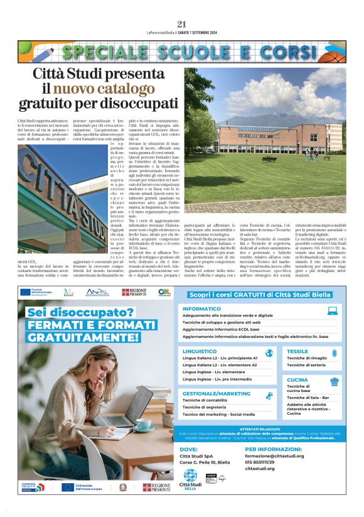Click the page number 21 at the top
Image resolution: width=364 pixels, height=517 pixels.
coord(182,23)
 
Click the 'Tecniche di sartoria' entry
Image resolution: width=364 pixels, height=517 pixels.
coord(306,364)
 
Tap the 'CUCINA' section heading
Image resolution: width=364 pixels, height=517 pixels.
coord(297,379)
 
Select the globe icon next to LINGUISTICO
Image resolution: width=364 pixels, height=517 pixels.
coord(269,353)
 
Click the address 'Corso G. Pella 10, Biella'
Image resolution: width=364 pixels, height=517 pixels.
coord(205,462)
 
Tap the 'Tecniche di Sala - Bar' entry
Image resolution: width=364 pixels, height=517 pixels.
coord(308,398)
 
